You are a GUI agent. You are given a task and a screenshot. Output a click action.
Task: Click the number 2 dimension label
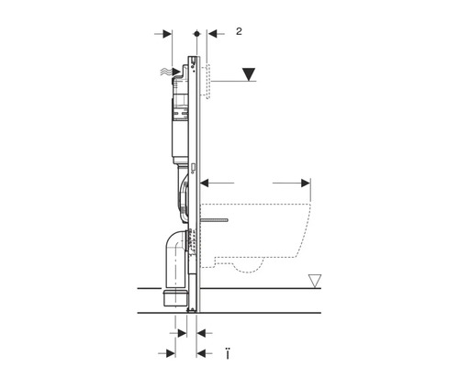click(239, 31)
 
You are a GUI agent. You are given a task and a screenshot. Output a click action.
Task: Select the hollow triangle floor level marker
click(316, 279)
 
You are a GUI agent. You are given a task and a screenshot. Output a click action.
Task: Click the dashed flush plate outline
click(210, 81)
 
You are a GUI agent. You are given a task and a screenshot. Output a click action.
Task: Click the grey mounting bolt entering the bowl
click(219, 220)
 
